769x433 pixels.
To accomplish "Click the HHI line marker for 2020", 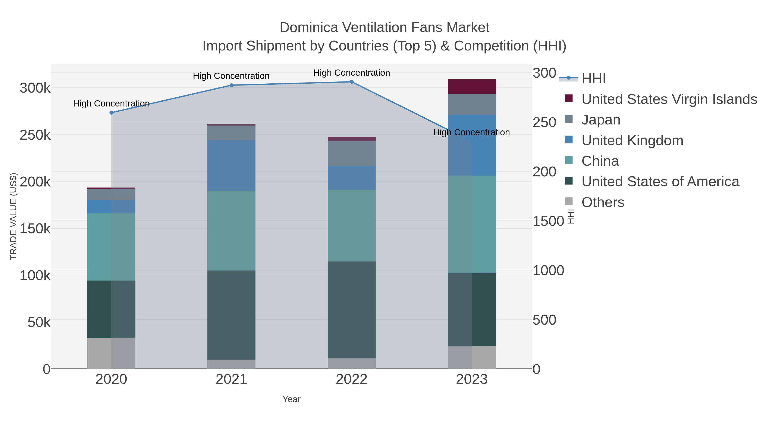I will pyautogui.click(x=111, y=113).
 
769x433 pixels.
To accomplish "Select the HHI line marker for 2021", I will pyautogui.click(x=231, y=85).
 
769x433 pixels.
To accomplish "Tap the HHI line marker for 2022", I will pyautogui.click(x=351, y=82).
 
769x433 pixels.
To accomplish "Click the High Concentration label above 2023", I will pyautogui.click(x=471, y=132).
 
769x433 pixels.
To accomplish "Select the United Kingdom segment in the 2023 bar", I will pyautogui.click(x=472, y=145).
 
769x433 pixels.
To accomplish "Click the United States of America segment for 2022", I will pyautogui.click(x=351, y=310).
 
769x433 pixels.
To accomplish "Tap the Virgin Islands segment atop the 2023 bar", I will pyautogui.click(x=472, y=86).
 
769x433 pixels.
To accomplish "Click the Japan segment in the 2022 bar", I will pyautogui.click(x=351, y=154).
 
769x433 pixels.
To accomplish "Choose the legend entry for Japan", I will pyautogui.click(x=601, y=120).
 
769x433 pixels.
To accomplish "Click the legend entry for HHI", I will pyautogui.click(x=593, y=79).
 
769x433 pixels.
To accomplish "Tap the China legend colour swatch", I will pyautogui.click(x=569, y=161).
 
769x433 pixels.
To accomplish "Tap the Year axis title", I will pyautogui.click(x=291, y=399).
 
